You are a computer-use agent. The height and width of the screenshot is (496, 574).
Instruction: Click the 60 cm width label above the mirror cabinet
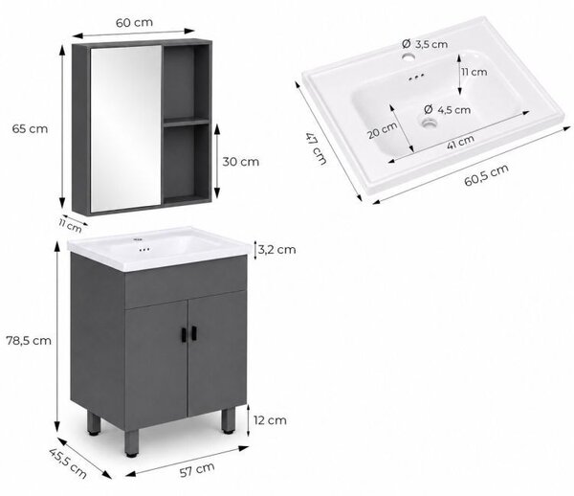134,22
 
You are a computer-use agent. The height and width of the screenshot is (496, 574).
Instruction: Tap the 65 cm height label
30,129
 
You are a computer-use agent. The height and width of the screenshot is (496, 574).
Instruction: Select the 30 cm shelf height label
241,162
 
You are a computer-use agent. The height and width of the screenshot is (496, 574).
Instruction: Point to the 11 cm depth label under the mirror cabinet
70,225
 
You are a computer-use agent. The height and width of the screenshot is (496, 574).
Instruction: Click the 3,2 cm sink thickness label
276,250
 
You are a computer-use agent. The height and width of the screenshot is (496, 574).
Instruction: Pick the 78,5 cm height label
29,341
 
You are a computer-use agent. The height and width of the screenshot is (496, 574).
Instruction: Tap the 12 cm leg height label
270,420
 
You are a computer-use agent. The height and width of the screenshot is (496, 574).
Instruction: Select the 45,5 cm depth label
68,463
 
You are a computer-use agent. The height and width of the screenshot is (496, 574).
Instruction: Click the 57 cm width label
197,470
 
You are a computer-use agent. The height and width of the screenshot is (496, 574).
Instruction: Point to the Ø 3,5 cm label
425,44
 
